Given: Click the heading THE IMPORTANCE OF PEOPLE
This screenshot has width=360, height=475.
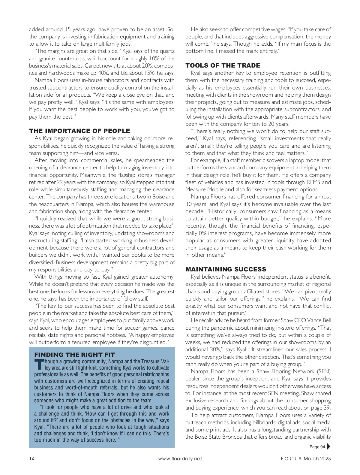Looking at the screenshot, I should (79, 131).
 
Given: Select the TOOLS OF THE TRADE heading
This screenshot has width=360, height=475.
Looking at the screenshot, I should (223, 65).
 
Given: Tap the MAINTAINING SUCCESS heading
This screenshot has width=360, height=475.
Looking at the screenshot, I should (226, 269).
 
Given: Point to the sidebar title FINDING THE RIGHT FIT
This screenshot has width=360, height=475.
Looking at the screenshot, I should (74, 355).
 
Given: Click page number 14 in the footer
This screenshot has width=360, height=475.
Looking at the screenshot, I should (32, 458).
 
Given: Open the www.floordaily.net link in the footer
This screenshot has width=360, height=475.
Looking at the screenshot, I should (180, 458).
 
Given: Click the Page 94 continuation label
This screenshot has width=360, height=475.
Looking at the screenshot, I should (317, 447).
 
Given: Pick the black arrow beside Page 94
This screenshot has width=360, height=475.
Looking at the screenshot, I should (328, 446).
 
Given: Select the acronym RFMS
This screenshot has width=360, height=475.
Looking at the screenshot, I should (313, 182).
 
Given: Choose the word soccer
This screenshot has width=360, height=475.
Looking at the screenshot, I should (129, 328).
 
